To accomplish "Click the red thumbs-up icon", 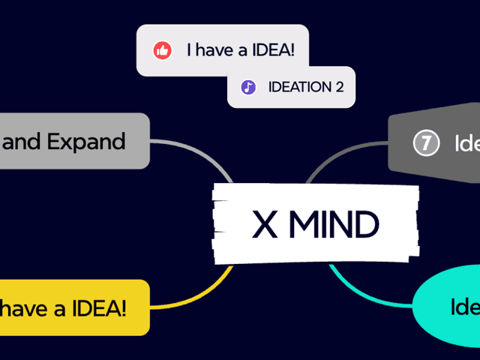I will [162, 50].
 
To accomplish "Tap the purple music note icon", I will [248, 87].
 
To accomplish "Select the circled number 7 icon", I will [426, 142].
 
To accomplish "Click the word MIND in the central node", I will [334, 224].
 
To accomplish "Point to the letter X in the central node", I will [265, 224].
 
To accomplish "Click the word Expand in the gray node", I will [86, 142].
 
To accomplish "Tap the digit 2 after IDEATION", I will [339, 87].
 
